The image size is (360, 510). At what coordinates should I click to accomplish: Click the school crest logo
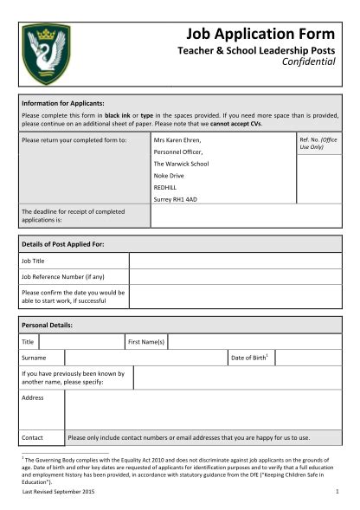46,54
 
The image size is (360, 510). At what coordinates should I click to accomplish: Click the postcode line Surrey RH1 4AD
175,199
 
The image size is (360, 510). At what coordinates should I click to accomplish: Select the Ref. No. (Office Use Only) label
318,143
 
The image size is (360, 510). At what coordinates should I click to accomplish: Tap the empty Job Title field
235,261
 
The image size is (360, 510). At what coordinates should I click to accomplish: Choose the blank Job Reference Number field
235,277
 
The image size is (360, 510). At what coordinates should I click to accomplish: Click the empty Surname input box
145,358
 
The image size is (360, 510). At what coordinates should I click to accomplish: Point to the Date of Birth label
249,358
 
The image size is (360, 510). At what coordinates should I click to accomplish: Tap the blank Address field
203,409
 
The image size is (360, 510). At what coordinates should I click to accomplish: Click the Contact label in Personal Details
33,437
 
